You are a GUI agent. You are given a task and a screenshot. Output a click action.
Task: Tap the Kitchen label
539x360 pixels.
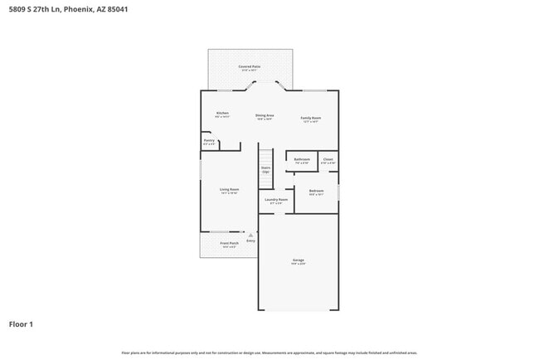pyautogui.click(x=222, y=114)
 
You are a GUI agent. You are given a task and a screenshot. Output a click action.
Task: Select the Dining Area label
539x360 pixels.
pyautogui.click(x=265, y=116)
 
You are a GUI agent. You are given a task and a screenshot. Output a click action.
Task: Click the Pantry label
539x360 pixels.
pyautogui.click(x=209, y=142)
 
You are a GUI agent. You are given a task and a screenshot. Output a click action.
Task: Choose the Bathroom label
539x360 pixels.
pyautogui.click(x=302, y=160)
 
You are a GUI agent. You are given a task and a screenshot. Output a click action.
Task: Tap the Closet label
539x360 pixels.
pyautogui.click(x=328, y=160)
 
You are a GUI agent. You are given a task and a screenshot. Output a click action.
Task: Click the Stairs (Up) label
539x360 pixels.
pyautogui.click(x=266, y=169)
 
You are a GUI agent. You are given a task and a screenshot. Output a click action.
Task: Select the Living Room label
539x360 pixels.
pyautogui.click(x=229, y=191)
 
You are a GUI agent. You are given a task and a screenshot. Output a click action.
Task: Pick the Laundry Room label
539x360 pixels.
pyautogui.click(x=276, y=201)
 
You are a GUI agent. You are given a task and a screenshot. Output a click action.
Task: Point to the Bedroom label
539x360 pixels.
pyautogui.click(x=316, y=192)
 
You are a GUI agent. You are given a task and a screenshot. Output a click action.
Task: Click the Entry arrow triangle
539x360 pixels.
pyautogui.click(x=250, y=235)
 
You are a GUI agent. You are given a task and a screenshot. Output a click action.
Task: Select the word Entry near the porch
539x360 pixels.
pyautogui.click(x=250, y=241)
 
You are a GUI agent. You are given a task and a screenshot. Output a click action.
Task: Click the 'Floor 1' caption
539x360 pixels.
pyautogui.click(x=22, y=324)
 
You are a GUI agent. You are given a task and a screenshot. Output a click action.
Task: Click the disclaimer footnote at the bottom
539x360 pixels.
pyautogui.click(x=269, y=353)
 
